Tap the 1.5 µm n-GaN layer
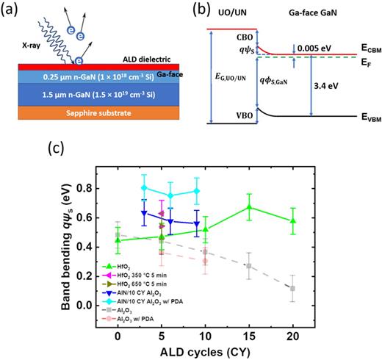[95, 94]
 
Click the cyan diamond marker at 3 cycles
[144, 187]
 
